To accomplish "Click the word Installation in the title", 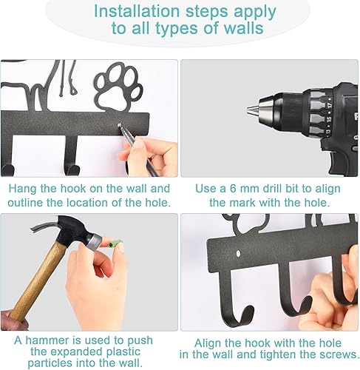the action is point(137,11).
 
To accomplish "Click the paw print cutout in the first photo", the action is point(118,85).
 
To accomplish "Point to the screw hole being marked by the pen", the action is point(120,125).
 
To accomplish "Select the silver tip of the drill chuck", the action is point(252,110).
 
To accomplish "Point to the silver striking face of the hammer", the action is point(95,242).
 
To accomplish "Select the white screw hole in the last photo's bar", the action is point(238,253).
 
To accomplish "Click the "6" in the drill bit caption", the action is point(233,189).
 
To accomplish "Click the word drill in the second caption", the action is point(272,189).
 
